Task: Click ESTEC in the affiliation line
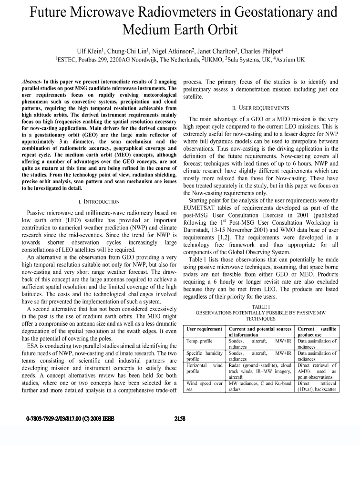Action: coord(69,60)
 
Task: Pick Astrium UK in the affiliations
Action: coord(284,60)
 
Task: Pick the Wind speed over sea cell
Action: coord(205,386)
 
